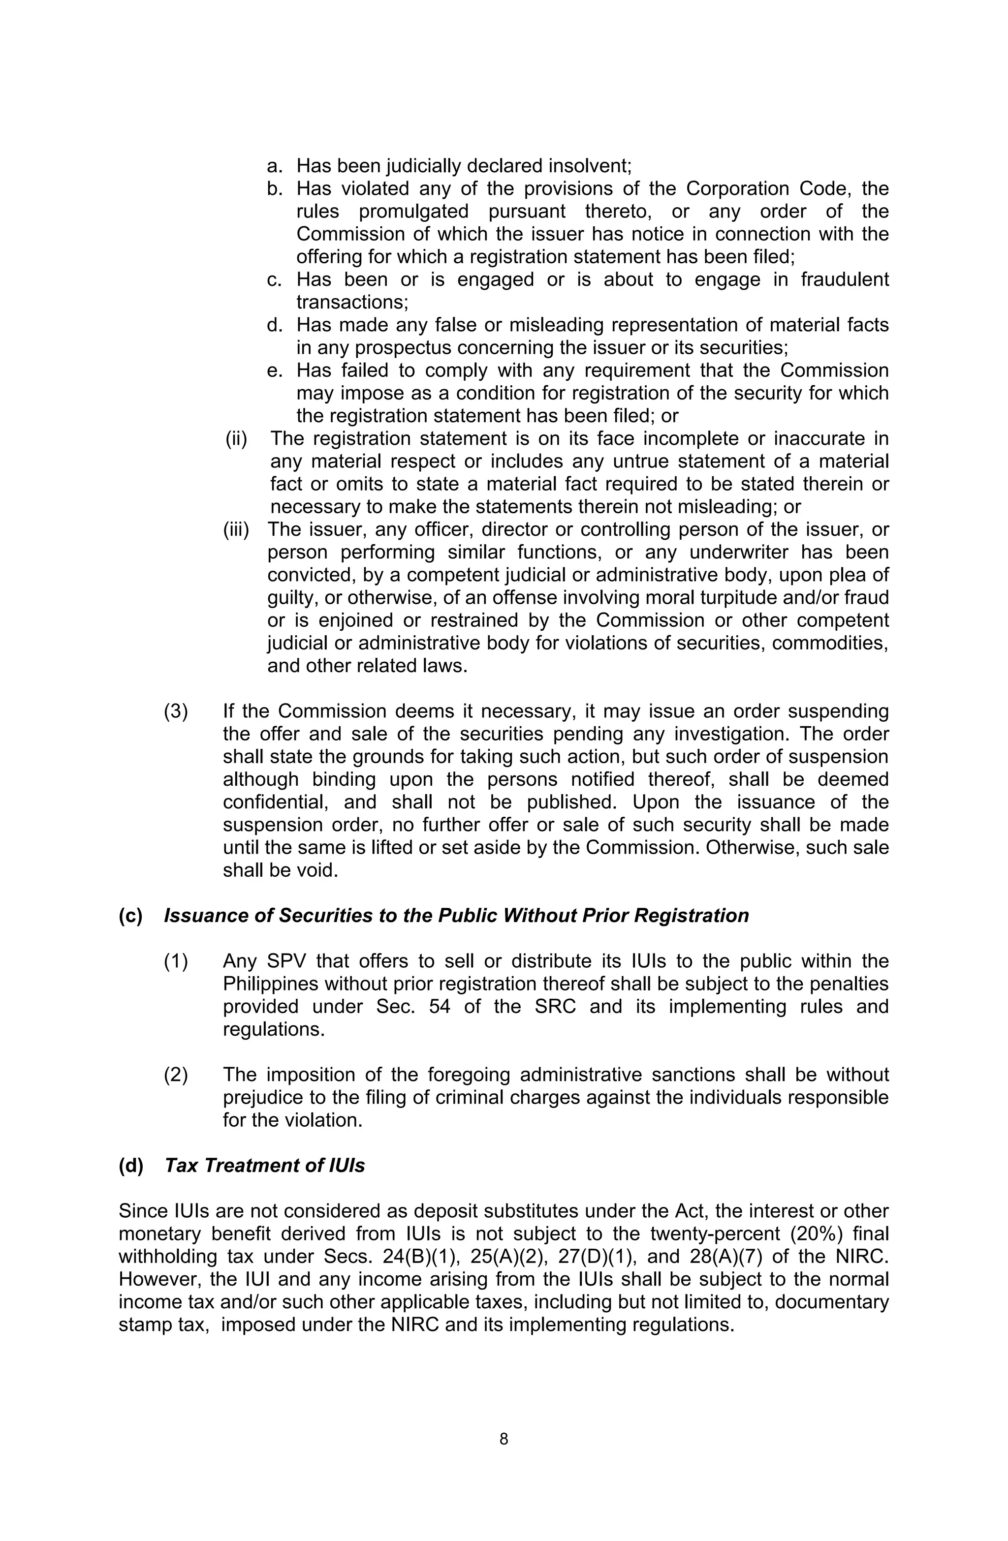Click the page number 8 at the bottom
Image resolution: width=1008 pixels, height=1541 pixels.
pos(504,1439)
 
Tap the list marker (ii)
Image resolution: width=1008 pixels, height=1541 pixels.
pos(236,438)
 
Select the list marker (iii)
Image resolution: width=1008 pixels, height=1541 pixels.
pos(236,529)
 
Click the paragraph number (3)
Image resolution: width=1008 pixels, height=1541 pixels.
pos(176,711)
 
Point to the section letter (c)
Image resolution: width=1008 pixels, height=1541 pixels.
pos(130,916)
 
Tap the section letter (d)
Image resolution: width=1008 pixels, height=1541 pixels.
pos(130,1166)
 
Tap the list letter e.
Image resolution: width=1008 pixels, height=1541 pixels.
pos(275,370)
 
